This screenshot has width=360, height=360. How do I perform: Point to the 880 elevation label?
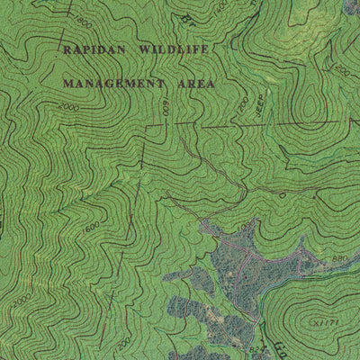coord(338,259)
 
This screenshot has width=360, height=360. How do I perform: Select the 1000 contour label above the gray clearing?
coord(282,193)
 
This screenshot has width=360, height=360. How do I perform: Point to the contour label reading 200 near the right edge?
coord(341,70)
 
